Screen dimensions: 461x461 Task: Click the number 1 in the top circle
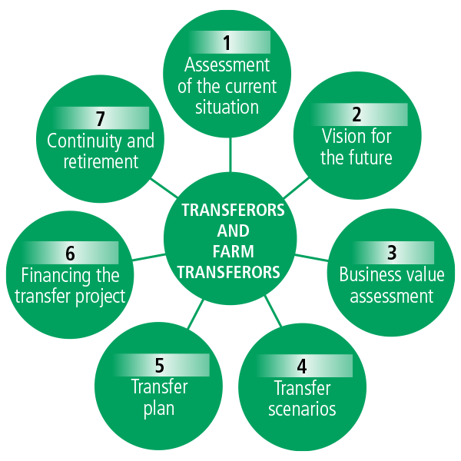[x=227, y=43]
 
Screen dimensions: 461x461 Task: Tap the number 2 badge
[x=357, y=115]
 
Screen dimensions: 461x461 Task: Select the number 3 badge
[x=392, y=252]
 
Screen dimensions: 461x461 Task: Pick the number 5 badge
[x=160, y=364]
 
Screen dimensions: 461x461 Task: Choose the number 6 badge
[x=71, y=253]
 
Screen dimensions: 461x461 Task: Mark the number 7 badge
[x=101, y=118]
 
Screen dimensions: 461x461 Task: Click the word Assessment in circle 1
[x=227, y=65]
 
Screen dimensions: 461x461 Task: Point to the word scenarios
[x=302, y=408]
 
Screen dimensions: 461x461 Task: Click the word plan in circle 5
[x=159, y=407]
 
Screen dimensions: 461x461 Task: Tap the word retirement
[x=101, y=161]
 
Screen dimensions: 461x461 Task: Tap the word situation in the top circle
[x=227, y=106]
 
